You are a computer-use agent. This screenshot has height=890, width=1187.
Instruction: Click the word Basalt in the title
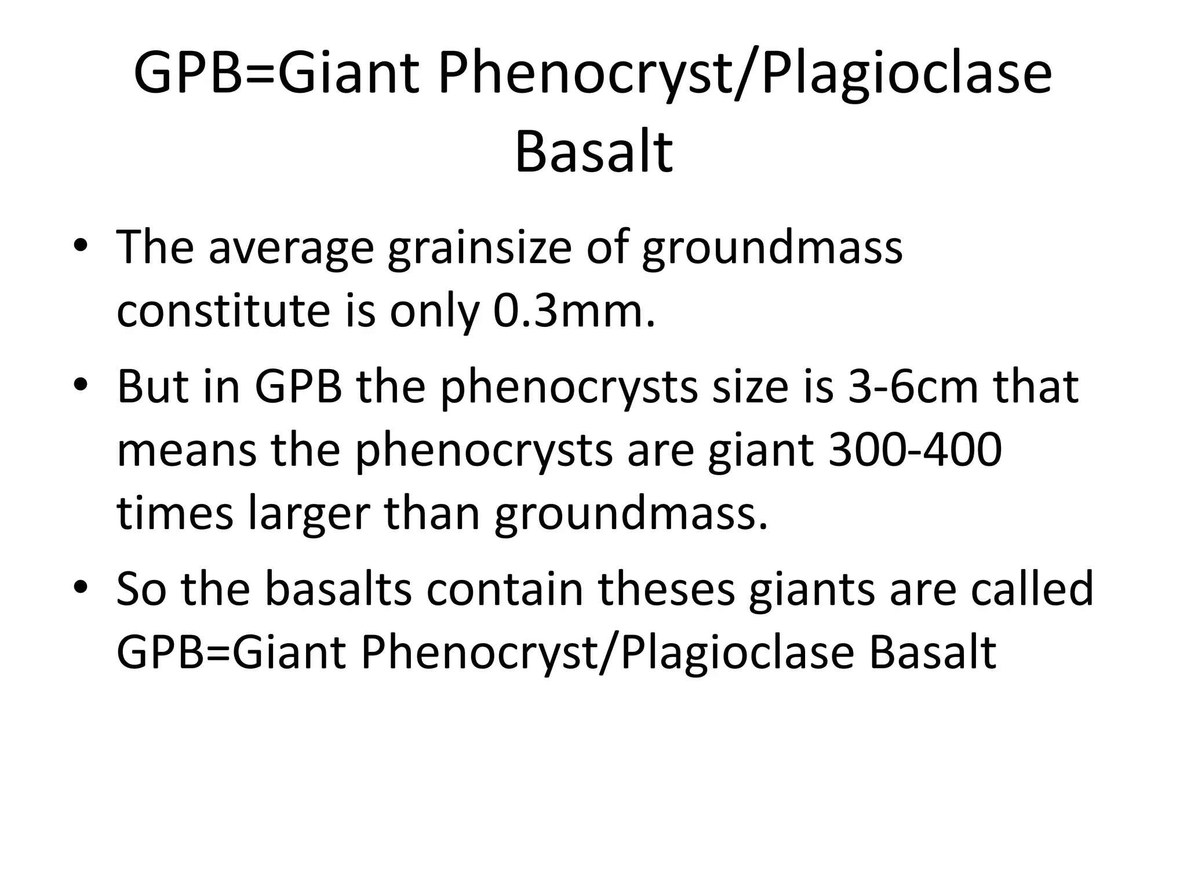coord(593,152)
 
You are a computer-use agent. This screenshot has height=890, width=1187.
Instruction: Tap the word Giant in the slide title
coord(351,74)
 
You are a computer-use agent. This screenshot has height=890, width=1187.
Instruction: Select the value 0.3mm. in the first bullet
coord(574,311)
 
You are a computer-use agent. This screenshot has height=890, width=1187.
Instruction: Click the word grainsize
coord(480,248)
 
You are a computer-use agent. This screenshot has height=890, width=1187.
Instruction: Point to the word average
coord(292,248)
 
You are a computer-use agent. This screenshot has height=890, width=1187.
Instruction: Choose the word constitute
coord(223,311)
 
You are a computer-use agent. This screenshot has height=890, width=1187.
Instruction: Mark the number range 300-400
coord(915,450)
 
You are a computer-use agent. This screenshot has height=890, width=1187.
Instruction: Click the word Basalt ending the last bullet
coord(933,652)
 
